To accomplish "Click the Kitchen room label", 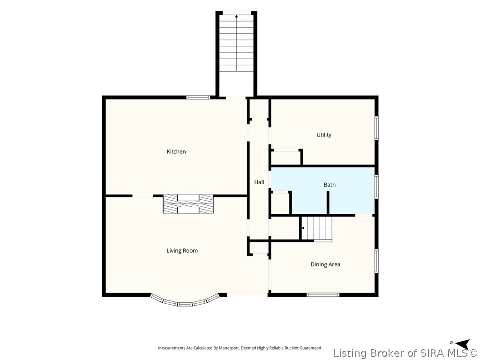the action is coord(176,151).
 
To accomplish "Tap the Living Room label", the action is coord(182,251).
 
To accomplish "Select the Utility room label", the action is coord(324,135).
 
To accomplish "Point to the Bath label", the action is coord(330,185).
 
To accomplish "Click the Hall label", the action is coord(259,182).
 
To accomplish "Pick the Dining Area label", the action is coord(325,264).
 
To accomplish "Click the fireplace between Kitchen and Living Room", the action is coord(188,204).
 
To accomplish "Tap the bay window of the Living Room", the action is coord(185,303).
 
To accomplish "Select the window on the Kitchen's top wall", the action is coord(198,97).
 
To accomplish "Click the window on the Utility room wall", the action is coord(377,128).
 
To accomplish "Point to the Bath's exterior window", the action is coord(377,187).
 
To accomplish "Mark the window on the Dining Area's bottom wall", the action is coord(323,295).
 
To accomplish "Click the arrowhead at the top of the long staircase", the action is coord(236,16).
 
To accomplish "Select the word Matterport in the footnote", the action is coord(227,348).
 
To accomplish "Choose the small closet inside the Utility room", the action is coord(285,157).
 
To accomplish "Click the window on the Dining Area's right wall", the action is coord(377,261).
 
